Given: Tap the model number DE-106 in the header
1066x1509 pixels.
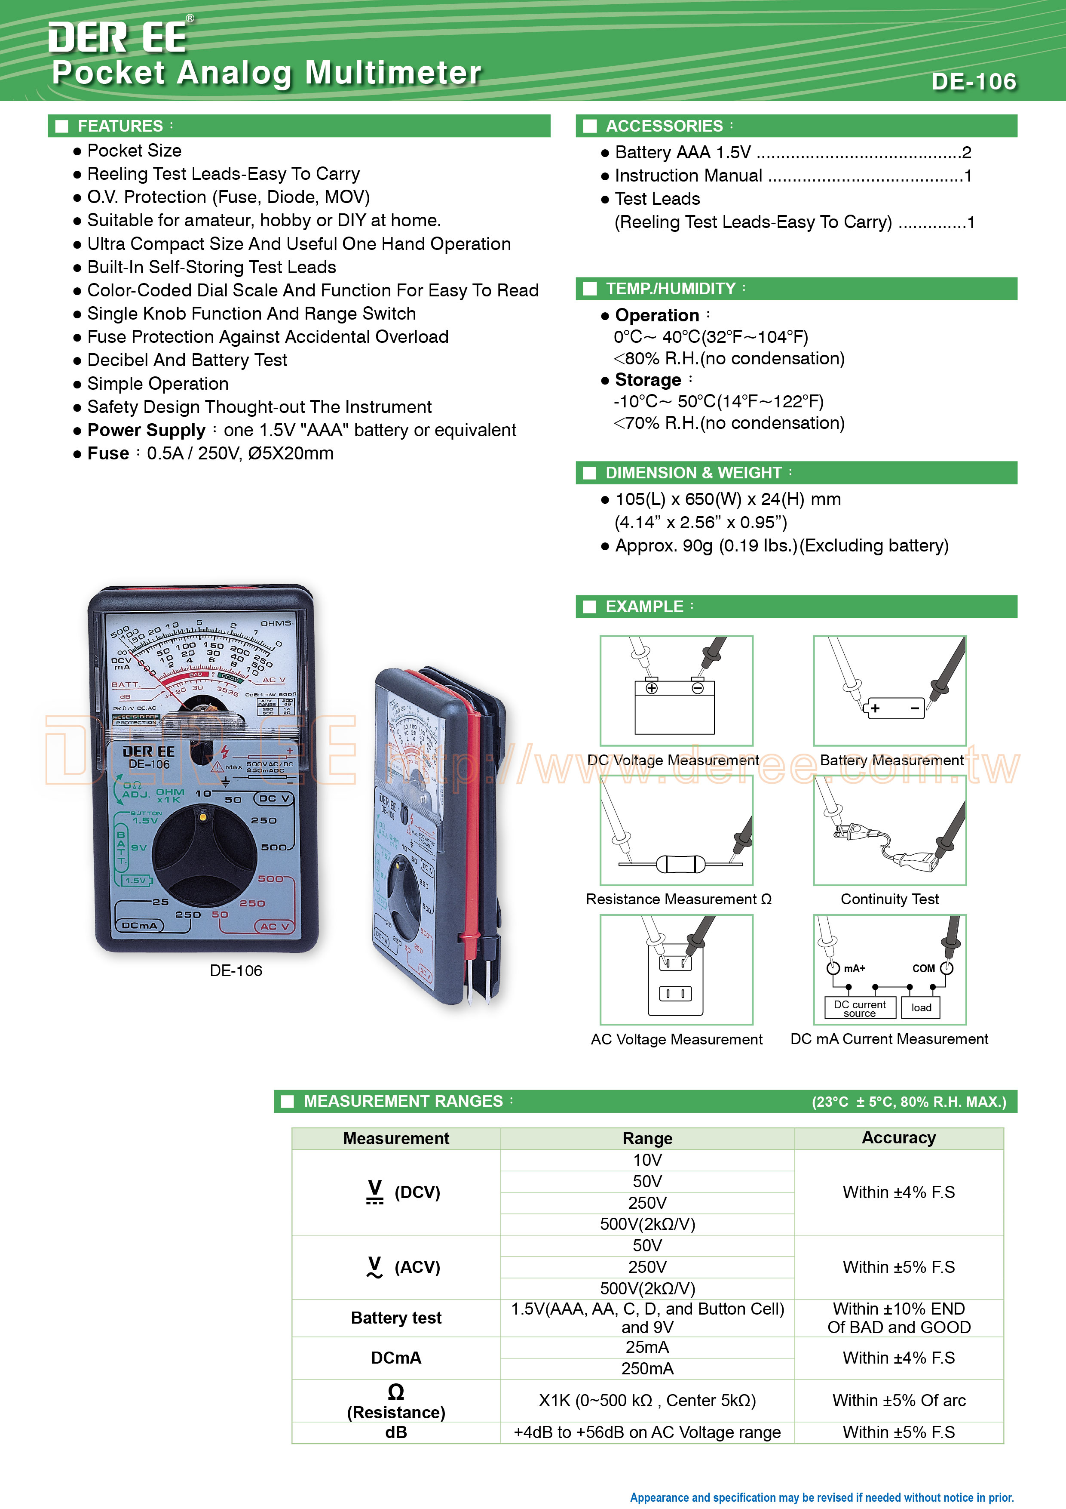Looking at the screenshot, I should tap(974, 81).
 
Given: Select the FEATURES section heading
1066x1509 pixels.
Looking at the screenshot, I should tap(120, 126).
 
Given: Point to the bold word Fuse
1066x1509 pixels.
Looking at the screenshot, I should tap(108, 453).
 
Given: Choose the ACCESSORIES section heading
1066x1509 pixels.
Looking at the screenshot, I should tap(664, 126).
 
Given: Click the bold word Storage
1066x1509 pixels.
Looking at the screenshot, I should tap(648, 380).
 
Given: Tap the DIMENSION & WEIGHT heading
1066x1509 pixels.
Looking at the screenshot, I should tap(694, 473).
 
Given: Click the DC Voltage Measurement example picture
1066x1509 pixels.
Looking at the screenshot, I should tap(676, 690).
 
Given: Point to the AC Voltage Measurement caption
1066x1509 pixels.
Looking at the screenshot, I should tap(677, 1039).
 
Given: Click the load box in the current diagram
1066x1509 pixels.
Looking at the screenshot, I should tap(921, 1007).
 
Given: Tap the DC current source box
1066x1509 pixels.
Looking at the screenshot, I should tap(860, 1007).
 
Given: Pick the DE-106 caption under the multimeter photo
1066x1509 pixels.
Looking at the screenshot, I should tap(236, 971).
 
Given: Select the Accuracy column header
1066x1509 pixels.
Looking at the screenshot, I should tap(898, 1138).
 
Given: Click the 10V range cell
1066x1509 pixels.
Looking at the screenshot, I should tap(647, 1160).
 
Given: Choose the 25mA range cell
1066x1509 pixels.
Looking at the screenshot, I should tap(647, 1347).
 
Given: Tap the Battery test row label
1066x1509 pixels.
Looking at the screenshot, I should tap(396, 1318).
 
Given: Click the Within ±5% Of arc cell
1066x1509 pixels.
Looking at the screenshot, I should tap(898, 1401).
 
